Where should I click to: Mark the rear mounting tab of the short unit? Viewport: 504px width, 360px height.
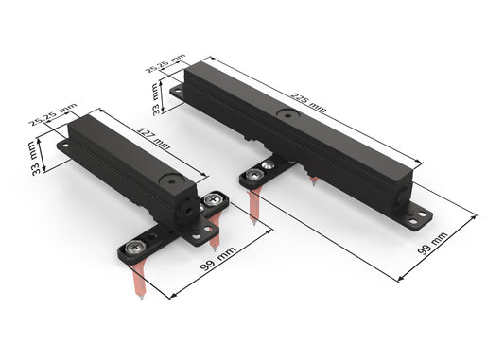coord(64,147)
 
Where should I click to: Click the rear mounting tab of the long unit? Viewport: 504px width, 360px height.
coord(177,92)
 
